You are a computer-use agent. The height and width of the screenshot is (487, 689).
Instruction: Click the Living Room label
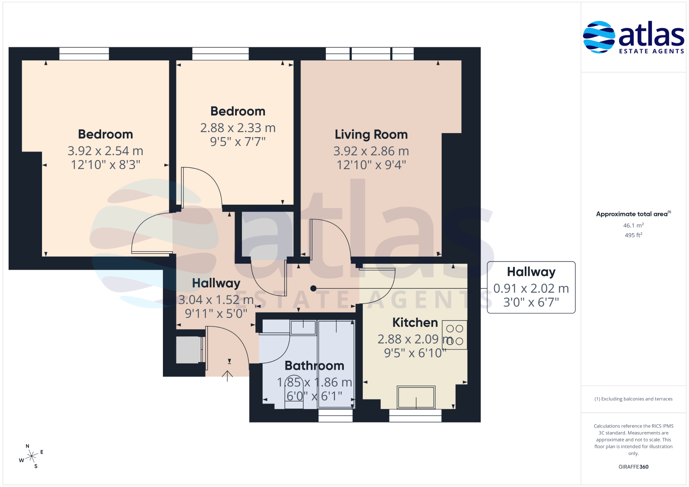(371, 135)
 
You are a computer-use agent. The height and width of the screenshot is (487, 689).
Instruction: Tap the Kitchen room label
(415, 322)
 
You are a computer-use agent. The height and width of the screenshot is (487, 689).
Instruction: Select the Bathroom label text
(314, 366)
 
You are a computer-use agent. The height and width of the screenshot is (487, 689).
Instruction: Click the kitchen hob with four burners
(454, 335)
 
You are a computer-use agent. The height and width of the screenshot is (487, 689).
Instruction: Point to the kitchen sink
(416, 397)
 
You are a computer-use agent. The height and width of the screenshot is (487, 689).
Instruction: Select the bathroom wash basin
(303, 327)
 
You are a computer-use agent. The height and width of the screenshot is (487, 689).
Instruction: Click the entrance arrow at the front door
(227, 376)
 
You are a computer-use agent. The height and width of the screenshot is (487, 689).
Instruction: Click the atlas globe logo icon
(599, 37)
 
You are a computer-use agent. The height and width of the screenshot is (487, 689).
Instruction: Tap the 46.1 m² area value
(634, 225)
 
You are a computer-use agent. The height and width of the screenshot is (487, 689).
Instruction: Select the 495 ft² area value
(634, 235)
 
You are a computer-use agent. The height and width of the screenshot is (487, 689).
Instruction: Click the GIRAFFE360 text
(634, 467)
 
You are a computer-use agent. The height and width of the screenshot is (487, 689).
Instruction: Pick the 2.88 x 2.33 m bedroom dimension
(238, 128)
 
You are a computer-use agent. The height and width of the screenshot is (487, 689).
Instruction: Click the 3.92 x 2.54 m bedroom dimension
(105, 151)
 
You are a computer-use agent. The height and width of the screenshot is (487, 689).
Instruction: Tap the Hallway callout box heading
(531, 272)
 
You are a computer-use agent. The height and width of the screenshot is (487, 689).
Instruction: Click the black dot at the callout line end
(314, 289)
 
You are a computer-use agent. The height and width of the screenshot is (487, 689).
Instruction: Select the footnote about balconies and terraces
(634, 399)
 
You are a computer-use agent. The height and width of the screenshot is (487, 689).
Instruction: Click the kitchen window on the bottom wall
(415, 416)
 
